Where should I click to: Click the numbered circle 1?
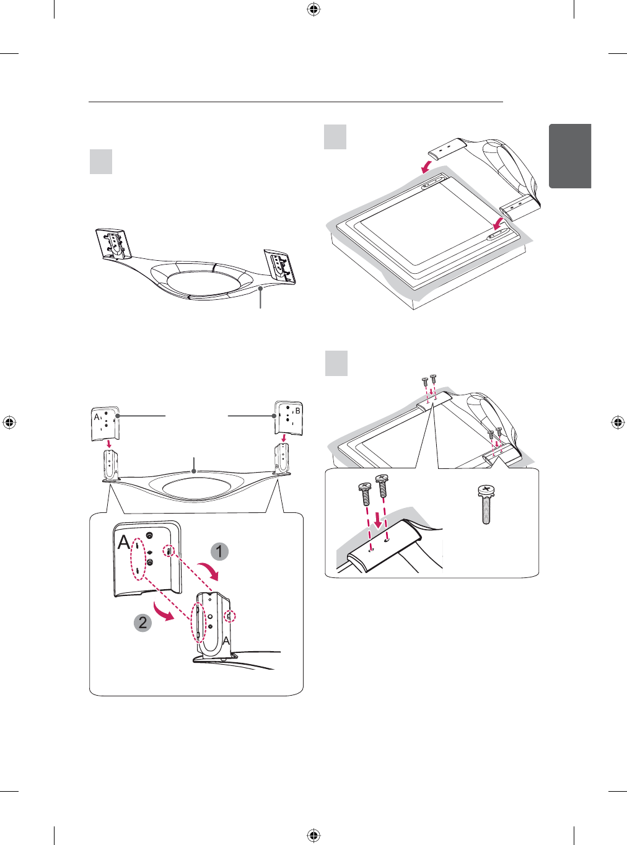click(x=219, y=551)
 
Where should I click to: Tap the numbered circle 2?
click(x=142, y=622)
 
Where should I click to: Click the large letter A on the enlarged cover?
click(x=125, y=543)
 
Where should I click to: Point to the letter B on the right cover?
click(x=297, y=411)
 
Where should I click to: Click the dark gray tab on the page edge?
click(x=570, y=156)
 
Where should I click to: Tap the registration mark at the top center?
click(x=313, y=9)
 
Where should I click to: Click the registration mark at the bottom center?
click(x=313, y=836)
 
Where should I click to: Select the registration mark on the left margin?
click(x=9, y=422)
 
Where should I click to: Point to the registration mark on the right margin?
click(x=618, y=422)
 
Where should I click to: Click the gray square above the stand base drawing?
click(x=101, y=161)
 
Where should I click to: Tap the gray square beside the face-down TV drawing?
click(x=335, y=137)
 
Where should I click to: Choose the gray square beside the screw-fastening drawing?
click(x=336, y=363)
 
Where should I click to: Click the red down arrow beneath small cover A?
click(x=109, y=443)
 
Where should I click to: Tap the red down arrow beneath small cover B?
click(x=284, y=438)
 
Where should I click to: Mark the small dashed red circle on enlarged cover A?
click(x=169, y=551)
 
